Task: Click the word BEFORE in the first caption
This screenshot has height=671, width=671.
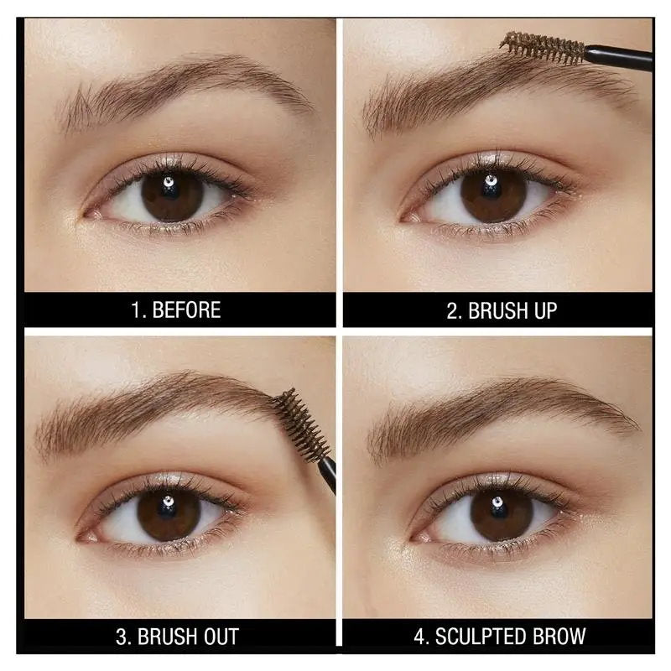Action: (x=186, y=309)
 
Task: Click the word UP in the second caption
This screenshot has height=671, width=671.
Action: (x=541, y=311)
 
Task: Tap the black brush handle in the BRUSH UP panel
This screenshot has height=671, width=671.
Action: (x=621, y=57)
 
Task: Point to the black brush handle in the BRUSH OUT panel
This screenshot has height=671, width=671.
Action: (x=328, y=471)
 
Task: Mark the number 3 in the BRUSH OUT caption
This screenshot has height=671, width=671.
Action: (x=121, y=635)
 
